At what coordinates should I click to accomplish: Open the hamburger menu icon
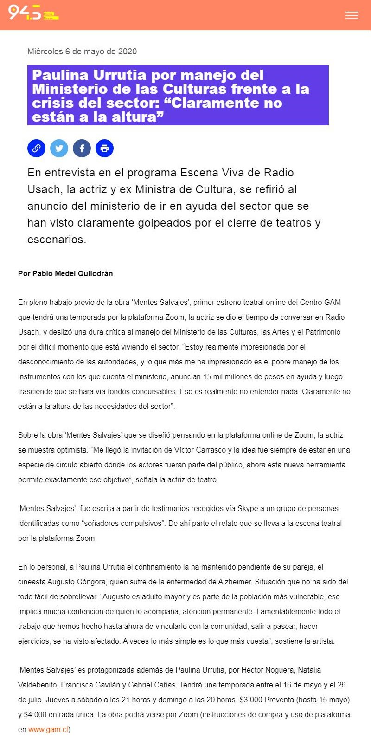click(352, 15)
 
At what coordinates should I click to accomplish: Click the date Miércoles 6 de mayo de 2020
click(82, 52)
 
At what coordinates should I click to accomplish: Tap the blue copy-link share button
click(36, 149)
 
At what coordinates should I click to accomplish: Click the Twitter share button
click(59, 149)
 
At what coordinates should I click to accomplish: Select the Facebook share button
click(82, 149)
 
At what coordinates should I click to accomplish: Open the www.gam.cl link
click(48, 729)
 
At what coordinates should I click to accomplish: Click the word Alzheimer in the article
click(235, 582)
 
